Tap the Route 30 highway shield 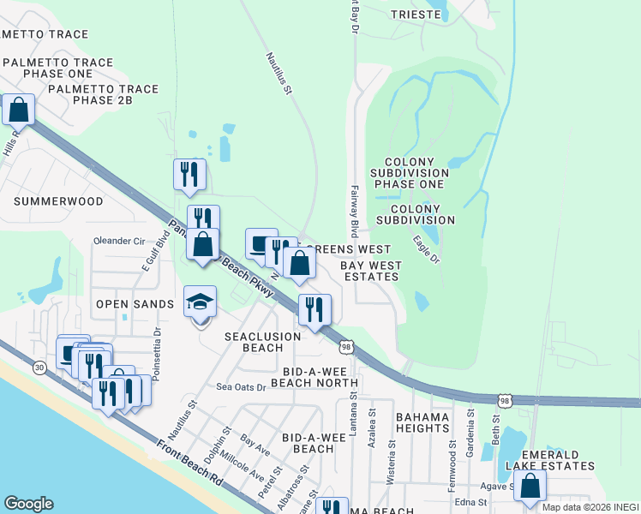tap(40, 367)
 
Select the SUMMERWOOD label tap(59, 201)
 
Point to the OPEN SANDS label tap(135, 304)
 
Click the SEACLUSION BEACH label tap(262, 342)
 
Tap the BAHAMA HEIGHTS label tap(422, 423)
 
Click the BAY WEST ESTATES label tap(370, 271)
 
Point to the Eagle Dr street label tap(426, 249)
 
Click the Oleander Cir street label tap(119, 241)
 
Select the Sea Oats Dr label tap(242, 387)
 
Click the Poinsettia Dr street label tap(157, 348)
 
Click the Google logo tap(28, 504)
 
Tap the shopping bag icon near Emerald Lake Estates tap(530, 486)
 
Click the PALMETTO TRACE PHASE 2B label tap(104, 95)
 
